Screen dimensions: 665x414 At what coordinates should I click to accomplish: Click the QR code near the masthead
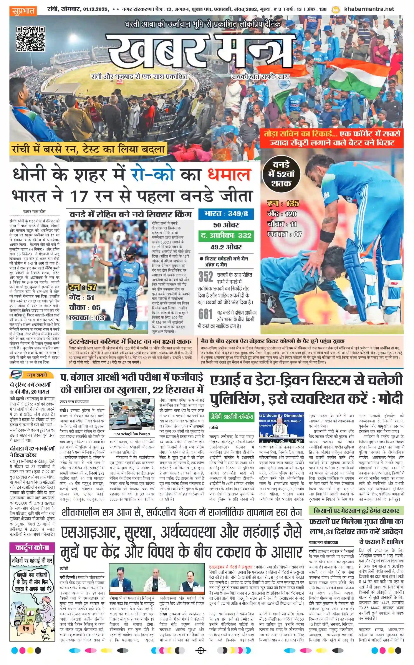click(30, 39)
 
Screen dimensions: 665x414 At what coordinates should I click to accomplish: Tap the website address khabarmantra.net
click(369, 9)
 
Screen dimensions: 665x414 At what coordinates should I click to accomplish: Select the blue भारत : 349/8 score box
click(226, 214)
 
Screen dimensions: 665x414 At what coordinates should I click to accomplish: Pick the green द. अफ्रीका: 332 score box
click(226, 236)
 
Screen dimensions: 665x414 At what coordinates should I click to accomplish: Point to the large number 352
click(206, 277)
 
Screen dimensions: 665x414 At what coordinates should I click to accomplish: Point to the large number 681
click(206, 314)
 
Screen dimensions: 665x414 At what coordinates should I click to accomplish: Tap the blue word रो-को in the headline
click(152, 175)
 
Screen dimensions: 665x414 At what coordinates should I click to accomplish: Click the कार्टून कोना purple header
click(32, 547)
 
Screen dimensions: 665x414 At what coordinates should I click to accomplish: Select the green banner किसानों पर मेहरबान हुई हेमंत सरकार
click(356, 510)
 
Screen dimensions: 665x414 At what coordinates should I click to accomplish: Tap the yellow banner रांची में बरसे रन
click(88, 149)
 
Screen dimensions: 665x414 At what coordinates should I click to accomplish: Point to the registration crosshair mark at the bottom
click(201, 650)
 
